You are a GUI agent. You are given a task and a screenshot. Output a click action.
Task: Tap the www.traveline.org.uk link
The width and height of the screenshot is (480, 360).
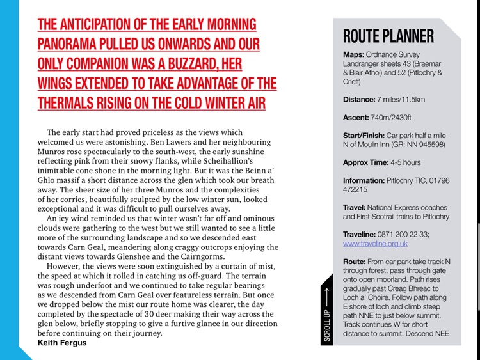[x=375, y=244]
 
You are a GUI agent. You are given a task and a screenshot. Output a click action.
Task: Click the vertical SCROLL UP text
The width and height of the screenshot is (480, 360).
[x=327, y=327]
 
